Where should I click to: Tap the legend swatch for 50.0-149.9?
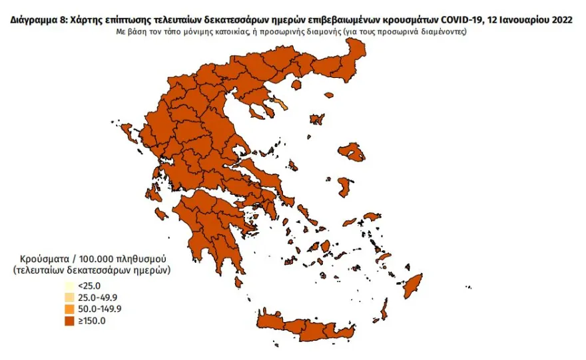pyautogui.click(x=69, y=309)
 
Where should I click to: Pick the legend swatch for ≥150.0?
pyautogui.click(x=69, y=321)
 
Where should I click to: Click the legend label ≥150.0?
pyautogui.click(x=92, y=321)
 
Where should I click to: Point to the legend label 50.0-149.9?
pyautogui.click(x=101, y=309)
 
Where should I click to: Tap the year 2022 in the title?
pyautogui.click(x=559, y=21)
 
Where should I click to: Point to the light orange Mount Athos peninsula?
pyautogui.click(x=282, y=104)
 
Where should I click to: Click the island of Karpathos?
pyautogui.click(x=384, y=309)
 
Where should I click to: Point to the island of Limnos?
pyautogui.click(x=318, y=120)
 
